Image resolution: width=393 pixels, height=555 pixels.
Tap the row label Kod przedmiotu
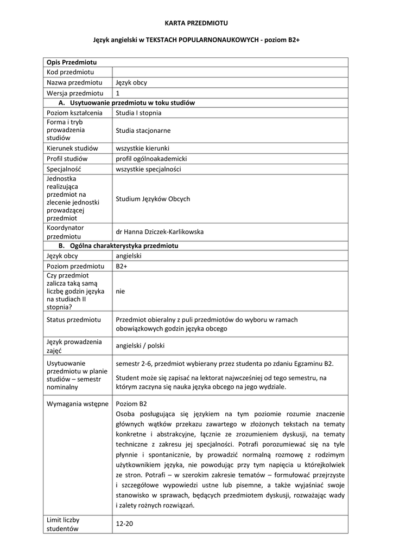(x=71, y=72)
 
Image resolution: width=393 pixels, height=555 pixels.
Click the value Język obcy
(x=131, y=82)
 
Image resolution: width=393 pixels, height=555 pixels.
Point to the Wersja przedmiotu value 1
(x=118, y=93)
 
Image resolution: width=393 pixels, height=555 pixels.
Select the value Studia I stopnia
(x=138, y=113)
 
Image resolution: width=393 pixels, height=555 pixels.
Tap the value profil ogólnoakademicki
(x=151, y=159)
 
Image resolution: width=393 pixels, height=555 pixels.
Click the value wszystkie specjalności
(x=148, y=169)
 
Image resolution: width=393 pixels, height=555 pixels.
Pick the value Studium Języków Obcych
(x=153, y=199)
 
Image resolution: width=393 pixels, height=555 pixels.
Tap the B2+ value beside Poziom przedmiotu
(x=121, y=266)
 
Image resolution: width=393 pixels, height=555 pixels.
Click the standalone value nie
(x=120, y=291)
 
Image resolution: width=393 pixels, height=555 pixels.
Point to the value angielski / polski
(x=140, y=345)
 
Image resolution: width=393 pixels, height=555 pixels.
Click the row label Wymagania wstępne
(x=78, y=404)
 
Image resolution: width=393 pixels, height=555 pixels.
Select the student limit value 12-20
(x=124, y=524)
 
